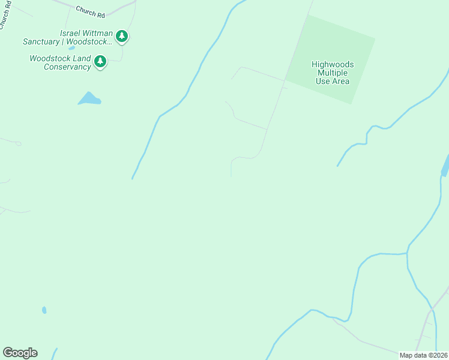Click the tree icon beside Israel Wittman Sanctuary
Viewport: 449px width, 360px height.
[x=122, y=37]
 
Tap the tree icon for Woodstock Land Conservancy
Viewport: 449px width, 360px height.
[x=100, y=61]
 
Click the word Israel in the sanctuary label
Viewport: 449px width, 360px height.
[x=72, y=34]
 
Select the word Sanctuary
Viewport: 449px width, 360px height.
[x=42, y=42]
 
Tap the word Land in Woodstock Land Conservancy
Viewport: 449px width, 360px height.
[x=83, y=58]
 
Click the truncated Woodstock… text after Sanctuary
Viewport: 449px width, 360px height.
[x=89, y=42]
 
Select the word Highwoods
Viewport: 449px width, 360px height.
[x=333, y=64]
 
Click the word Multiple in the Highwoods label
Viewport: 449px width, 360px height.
[x=333, y=73]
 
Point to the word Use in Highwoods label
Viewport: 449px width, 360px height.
[x=323, y=81]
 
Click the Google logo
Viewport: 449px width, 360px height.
[x=20, y=353]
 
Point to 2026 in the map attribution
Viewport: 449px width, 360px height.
[x=439, y=355]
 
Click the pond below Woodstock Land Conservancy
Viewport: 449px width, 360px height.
[x=89, y=99]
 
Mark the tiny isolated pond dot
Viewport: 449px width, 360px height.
[x=44, y=310]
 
